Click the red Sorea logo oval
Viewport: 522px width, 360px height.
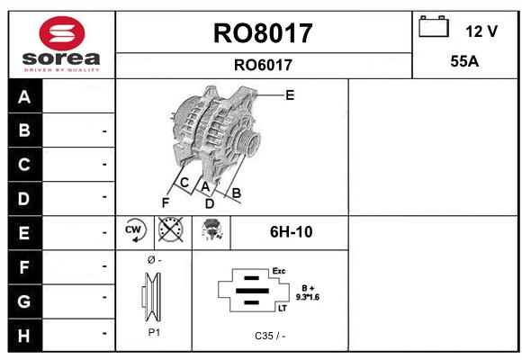pyautogui.click(x=62, y=33)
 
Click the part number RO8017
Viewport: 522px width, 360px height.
pyautogui.click(x=263, y=33)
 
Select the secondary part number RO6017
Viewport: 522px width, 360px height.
pyautogui.click(x=263, y=65)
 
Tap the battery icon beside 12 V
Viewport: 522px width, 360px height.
pyautogui.click(x=434, y=26)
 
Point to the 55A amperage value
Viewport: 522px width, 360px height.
pyautogui.click(x=464, y=61)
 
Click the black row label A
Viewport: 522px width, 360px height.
pyautogui.click(x=24, y=97)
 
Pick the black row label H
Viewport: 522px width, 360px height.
pyautogui.click(x=24, y=336)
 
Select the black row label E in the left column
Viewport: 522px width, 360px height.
pyautogui.click(x=24, y=233)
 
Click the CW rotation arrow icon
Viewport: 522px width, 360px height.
pyautogui.click(x=135, y=230)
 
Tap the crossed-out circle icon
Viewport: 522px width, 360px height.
pyautogui.click(x=171, y=229)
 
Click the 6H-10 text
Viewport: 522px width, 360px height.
pyautogui.click(x=291, y=232)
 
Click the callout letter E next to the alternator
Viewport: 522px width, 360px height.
pyautogui.click(x=290, y=95)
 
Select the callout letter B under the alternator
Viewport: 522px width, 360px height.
pyautogui.click(x=236, y=193)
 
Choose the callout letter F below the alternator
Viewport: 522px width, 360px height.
pyautogui.click(x=165, y=202)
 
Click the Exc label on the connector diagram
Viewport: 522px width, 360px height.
pyautogui.click(x=279, y=271)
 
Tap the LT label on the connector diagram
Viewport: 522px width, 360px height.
pyautogui.click(x=283, y=309)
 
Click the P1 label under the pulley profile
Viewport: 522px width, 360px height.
pyautogui.click(x=154, y=332)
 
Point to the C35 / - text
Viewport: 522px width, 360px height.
pyautogui.click(x=270, y=336)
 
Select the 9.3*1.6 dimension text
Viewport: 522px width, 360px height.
pyautogui.click(x=308, y=297)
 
